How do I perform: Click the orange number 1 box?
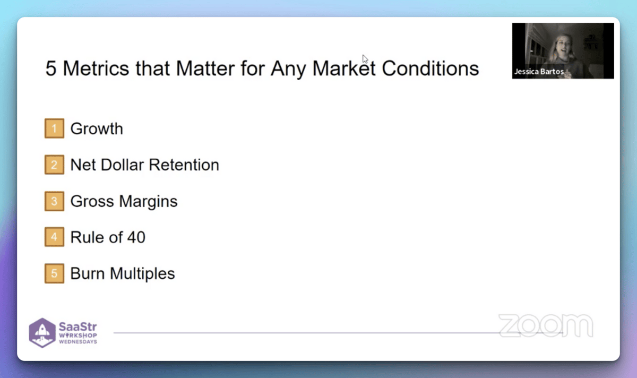tap(54, 128)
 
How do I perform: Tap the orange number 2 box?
tap(54, 165)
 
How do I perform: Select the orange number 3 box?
tap(54, 201)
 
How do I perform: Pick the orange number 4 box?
tap(54, 237)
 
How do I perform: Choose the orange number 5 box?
tap(54, 273)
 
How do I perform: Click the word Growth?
tap(97, 128)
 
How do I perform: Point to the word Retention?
tap(184, 165)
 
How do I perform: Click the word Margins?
tap(148, 202)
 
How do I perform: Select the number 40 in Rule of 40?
tap(136, 237)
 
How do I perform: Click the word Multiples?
tap(142, 273)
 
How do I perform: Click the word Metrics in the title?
tap(96, 68)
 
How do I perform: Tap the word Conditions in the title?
tap(431, 68)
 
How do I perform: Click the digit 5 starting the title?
tap(50, 68)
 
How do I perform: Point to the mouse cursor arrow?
tap(365, 59)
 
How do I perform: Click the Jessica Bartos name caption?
tap(539, 72)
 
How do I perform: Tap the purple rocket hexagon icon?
tap(42, 333)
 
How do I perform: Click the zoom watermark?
tap(546, 325)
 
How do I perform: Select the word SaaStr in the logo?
tap(78, 327)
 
